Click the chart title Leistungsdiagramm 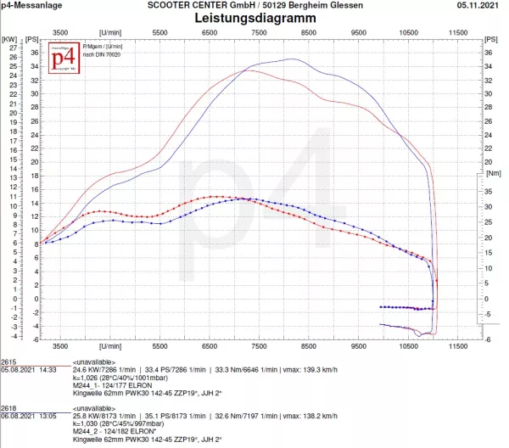(255, 17)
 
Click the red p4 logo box (61, 61)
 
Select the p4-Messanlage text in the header (31, 6)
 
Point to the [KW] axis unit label (8, 39)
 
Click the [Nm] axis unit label (494, 172)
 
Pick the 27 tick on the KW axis (12, 48)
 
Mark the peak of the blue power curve (292, 59)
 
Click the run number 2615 (9, 361)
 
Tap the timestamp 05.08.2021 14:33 (28, 370)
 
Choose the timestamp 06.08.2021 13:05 (28, 417)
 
